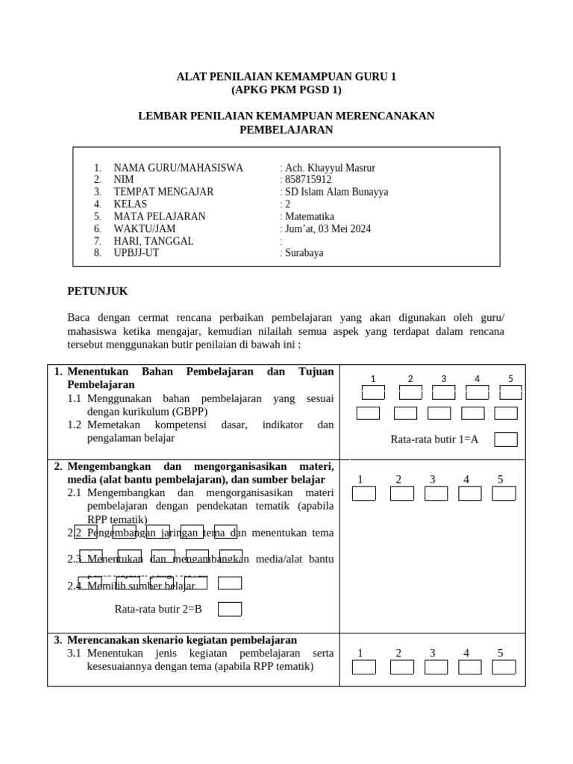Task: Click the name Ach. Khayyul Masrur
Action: pos(328,168)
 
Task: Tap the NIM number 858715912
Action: pos(307,180)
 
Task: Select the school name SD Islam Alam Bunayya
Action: pos(336,192)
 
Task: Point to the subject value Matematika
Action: pos(309,216)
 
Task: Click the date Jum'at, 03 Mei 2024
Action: pos(327,229)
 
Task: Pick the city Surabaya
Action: pos(304,253)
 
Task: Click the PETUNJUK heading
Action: pos(98,291)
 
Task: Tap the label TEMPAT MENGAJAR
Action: pos(163,192)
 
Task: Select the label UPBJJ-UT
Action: pos(136,253)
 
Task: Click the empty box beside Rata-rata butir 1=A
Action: pos(506,439)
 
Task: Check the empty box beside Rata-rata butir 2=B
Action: pos(230,610)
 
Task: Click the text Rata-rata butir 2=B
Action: pos(158,610)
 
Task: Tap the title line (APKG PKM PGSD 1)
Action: pos(286,90)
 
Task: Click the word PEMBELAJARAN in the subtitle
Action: pos(286,130)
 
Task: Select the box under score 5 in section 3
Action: pos(504,667)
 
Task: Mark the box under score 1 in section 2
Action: pos(364,493)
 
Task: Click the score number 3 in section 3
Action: pos(432,654)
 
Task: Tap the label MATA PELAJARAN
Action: pos(160,216)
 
